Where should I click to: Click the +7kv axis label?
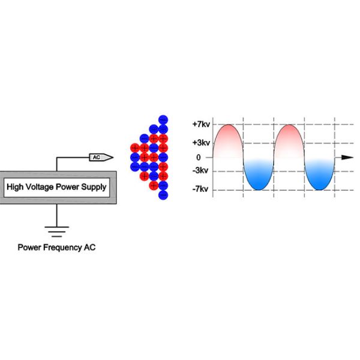click(201, 125)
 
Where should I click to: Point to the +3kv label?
click(201, 143)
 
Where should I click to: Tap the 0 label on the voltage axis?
click(198, 157)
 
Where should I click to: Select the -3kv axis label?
click(201, 170)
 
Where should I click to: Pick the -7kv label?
click(201, 190)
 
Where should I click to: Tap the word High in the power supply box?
click(16, 187)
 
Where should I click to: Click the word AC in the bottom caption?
click(89, 247)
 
